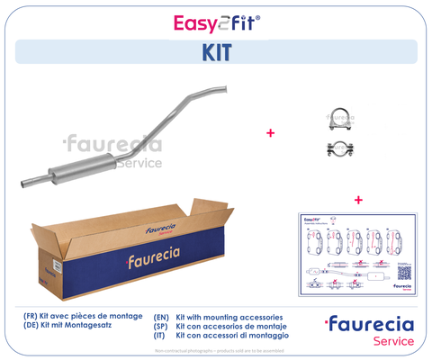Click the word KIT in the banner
click(216, 51)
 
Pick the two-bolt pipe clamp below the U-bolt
click(340, 148)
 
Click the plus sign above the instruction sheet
click(357, 199)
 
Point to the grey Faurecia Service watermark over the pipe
click(112, 150)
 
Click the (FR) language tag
click(33, 318)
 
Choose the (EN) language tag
click(162, 318)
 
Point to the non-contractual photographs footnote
click(215, 352)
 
